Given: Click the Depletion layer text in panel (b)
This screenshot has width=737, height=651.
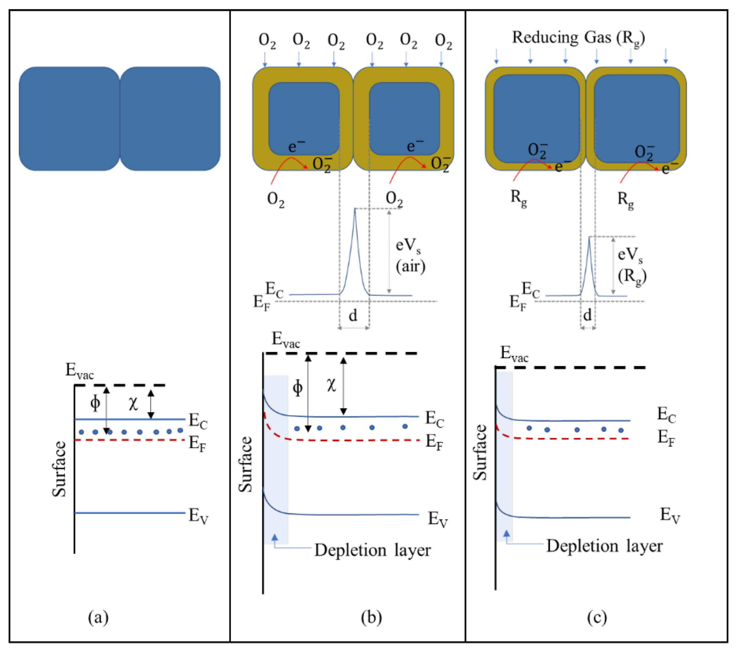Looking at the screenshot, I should coord(372,550).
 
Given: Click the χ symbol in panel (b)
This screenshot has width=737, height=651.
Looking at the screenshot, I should coord(331,385).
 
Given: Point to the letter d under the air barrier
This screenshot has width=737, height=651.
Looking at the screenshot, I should coord(353,316).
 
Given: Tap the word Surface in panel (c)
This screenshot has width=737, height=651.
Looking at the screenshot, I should coord(480,452).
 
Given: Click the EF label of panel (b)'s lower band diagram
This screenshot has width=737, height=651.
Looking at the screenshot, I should coord(434,442).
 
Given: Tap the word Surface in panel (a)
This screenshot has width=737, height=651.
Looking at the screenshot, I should coord(59,469).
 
